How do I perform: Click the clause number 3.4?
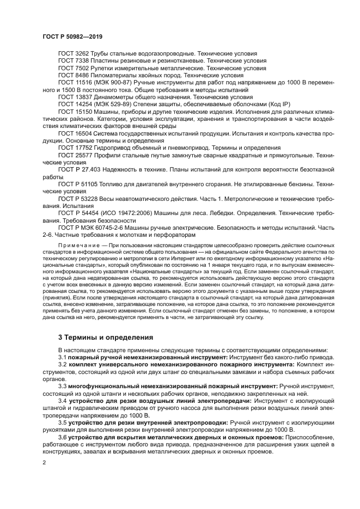63,401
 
